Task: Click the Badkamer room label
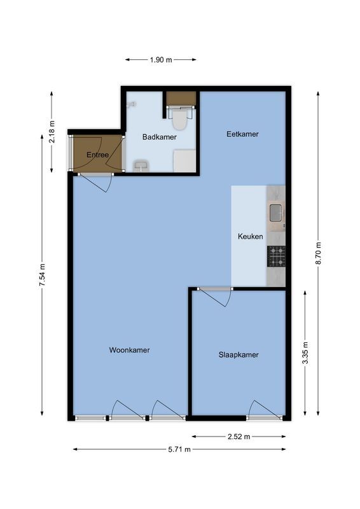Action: pyautogui.click(x=159, y=137)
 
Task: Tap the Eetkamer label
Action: pyautogui.click(x=243, y=134)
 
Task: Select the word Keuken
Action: pyautogui.click(x=250, y=236)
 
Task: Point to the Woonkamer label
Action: pyautogui.click(x=129, y=350)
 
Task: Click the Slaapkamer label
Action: pyautogui.click(x=239, y=355)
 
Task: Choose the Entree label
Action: pyautogui.click(x=97, y=155)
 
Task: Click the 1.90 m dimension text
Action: pyautogui.click(x=161, y=60)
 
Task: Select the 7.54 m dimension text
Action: pyautogui.click(x=43, y=275)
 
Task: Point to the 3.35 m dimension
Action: pyautogui.click(x=306, y=352)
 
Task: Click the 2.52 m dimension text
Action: pyautogui.click(x=239, y=436)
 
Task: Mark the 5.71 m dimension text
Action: pyautogui.click(x=179, y=449)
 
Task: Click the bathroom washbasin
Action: pyautogui.click(x=141, y=167)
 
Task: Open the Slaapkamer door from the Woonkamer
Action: pyautogui.click(x=214, y=295)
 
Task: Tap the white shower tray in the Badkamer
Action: pyautogui.click(x=184, y=160)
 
